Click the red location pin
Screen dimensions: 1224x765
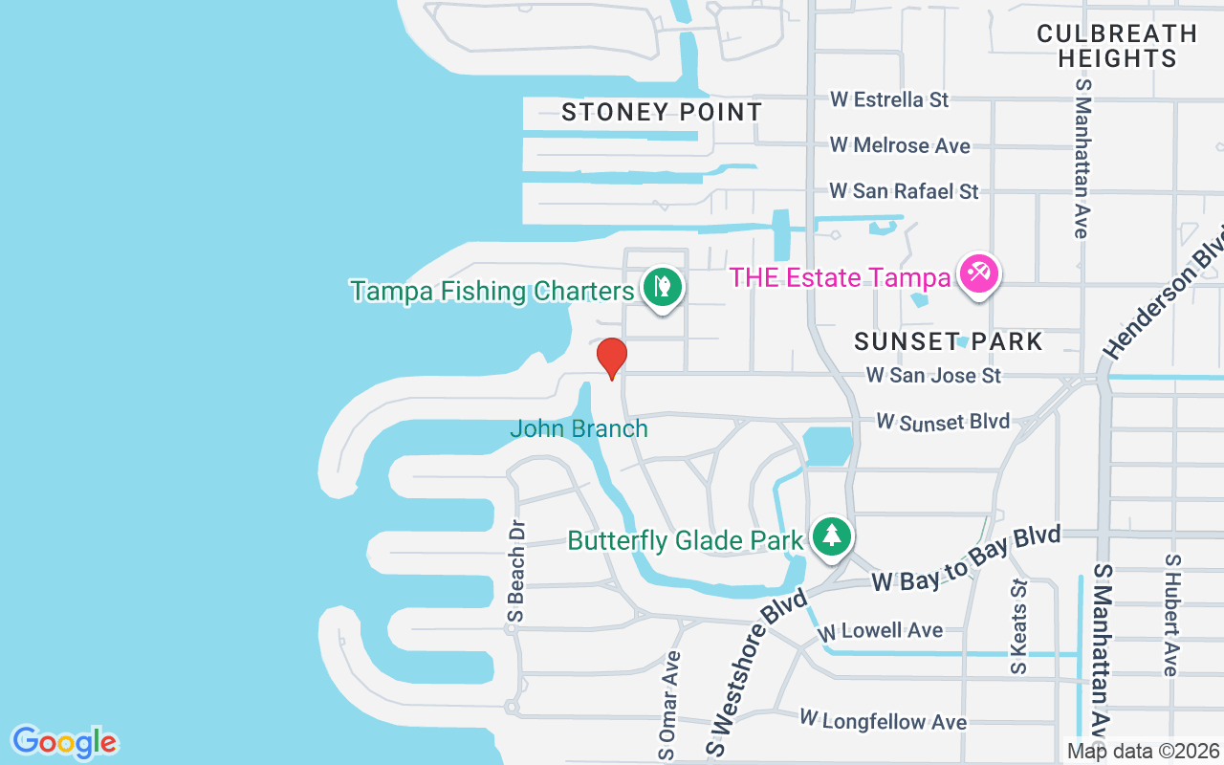(x=611, y=357)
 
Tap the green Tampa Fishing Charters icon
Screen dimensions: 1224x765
(x=661, y=285)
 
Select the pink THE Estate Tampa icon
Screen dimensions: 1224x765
(x=978, y=274)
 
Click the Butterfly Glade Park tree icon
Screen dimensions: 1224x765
(x=832, y=535)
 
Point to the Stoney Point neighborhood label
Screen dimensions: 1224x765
(x=662, y=112)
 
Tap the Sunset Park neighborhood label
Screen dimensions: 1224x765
(x=948, y=341)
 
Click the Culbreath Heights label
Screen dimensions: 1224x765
(x=1117, y=46)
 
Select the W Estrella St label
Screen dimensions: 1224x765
(x=888, y=99)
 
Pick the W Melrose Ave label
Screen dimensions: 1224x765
(x=900, y=145)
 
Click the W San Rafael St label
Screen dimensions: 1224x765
(x=904, y=191)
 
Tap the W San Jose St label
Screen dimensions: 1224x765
(x=933, y=375)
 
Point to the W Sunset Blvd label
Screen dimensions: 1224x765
(x=942, y=422)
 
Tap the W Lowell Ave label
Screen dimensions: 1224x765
(x=879, y=631)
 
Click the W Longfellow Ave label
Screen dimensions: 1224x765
(x=883, y=719)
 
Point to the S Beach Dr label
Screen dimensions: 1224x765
(x=517, y=584)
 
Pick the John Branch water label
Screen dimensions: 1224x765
(x=579, y=428)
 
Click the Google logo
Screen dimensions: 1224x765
(x=64, y=741)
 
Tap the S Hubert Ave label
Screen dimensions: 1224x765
(x=1170, y=614)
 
